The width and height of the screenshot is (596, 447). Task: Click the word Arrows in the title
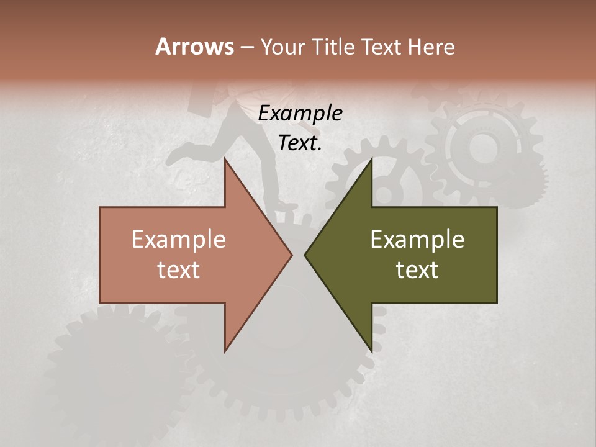pyautogui.click(x=194, y=47)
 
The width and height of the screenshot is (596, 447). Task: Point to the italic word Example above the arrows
pyautogui.click(x=300, y=114)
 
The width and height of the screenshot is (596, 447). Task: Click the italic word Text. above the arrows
pyautogui.click(x=300, y=143)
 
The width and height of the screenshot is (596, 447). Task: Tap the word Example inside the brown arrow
pyautogui.click(x=179, y=239)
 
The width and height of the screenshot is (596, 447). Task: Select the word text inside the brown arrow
pyautogui.click(x=179, y=269)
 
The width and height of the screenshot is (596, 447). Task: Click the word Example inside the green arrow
pyautogui.click(x=417, y=239)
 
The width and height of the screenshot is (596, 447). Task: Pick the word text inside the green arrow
pyautogui.click(x=417, y=269)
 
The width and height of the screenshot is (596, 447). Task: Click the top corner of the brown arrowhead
pyautogui.click(x=225, y=160)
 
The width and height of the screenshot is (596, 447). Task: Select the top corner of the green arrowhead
pyautogui.click(x=371, y=160)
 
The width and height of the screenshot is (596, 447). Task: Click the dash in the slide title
pyautogui.click(x=246, y=48)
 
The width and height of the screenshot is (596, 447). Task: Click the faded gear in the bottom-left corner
pyautogui.click(x=112, y=366)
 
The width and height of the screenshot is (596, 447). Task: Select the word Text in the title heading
pyautogui.click(x=382, y=47)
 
